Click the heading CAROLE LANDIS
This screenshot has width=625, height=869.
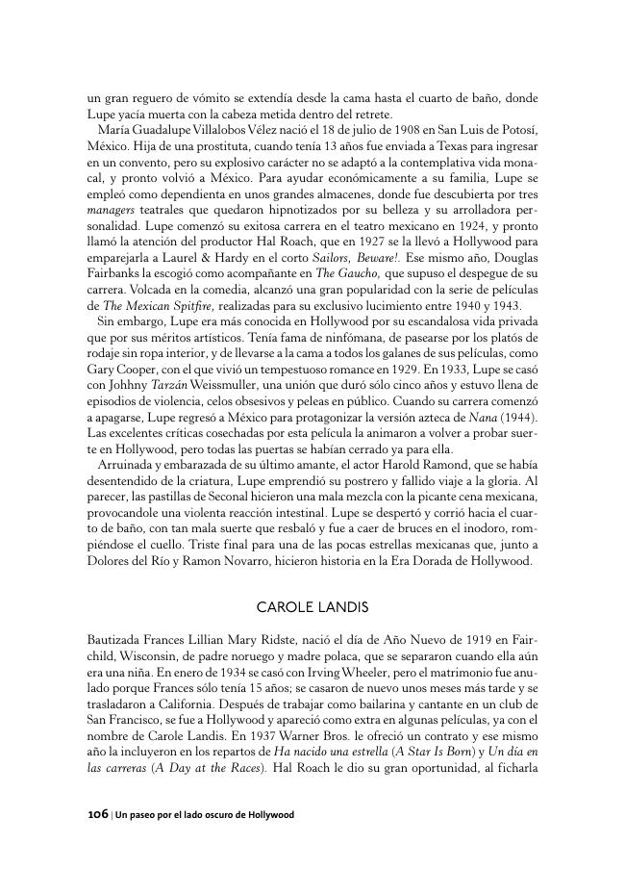(312, 607)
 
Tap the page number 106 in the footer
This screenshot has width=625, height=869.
(97, 814)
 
